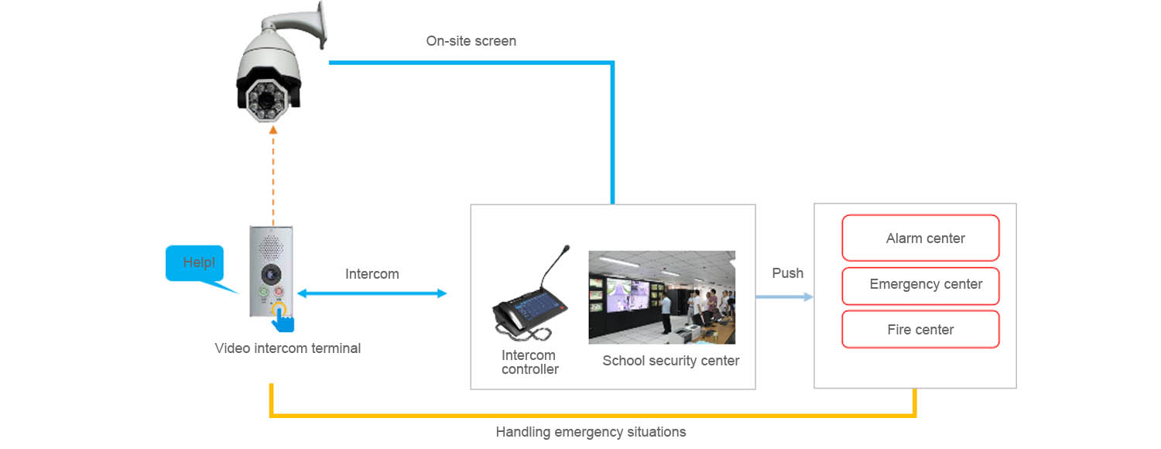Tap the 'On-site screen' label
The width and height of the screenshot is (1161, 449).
click(471, 41)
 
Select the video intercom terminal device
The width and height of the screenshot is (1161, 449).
click(270, 271)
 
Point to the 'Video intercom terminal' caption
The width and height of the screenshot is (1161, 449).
click(287, 348)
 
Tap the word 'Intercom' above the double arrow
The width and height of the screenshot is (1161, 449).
click(372, 274)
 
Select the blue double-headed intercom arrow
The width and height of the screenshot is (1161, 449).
click(372, 293)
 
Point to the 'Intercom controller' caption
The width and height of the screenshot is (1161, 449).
click(529, 362)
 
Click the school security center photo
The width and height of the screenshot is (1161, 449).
click(662, 297)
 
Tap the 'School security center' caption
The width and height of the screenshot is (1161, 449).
click(670, 361)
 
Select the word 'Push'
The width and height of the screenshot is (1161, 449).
click(787, 273)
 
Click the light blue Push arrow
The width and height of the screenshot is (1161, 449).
click(784, 296)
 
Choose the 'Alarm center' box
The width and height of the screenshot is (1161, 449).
click(920, 238)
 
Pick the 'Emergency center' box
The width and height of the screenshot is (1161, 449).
click(920, 285)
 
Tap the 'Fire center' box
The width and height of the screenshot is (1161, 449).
click(920, 330)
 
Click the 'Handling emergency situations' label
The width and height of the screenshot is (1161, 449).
click(591, 432)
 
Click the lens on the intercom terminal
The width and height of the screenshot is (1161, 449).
click(271, 273)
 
